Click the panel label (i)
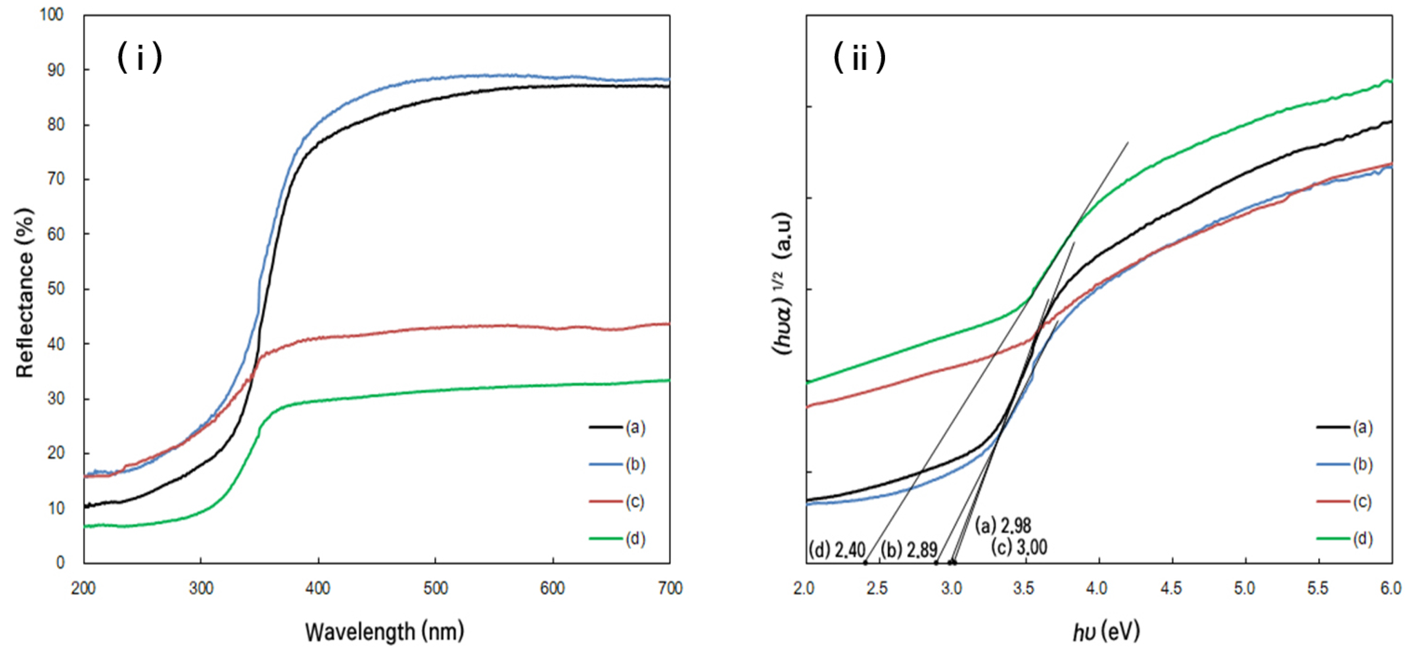[x=140, y=57]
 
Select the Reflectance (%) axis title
[x=25, y=293]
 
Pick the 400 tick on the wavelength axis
[x=318, y=588]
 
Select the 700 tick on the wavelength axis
[x=669, y=588]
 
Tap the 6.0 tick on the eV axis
[x=1390, y=588]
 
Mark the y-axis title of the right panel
[x=783, y=284]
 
